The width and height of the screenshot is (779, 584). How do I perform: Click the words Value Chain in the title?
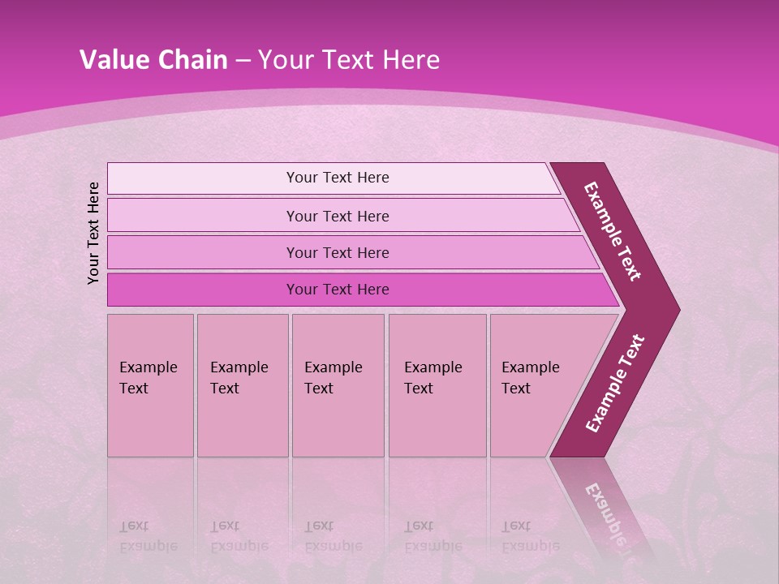(x=153, y=60)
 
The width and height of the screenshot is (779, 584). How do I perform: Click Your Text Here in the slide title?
(x=349, y=60)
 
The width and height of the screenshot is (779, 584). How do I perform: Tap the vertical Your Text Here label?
(x=93, y=233)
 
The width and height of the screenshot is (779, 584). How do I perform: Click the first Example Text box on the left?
(x=150, y=385)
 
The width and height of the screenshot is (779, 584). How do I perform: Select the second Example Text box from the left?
(x=243, y=385)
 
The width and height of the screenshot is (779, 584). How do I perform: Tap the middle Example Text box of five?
(x=338, y=385)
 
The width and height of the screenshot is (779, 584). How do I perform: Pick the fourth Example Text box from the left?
(x=437, y=385)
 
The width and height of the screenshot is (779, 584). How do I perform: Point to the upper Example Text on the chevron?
(x=613, y=231)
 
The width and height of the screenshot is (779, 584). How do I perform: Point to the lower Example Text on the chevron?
(x=615, y=383)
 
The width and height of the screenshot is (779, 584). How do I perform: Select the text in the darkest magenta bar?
(x=338, y=290)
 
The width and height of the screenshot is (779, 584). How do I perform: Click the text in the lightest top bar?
(x=338, y=178)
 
